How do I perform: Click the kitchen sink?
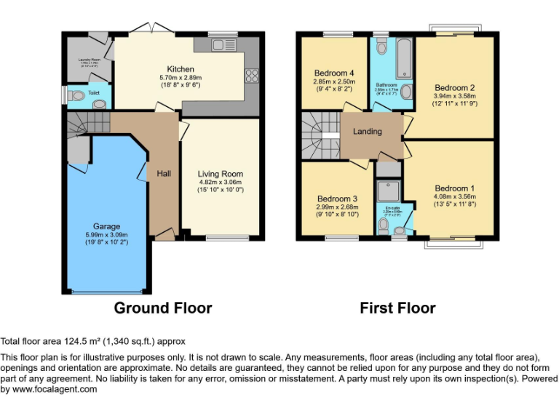pos(221,45)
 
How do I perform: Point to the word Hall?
pos(164,174)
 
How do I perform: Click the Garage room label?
pos(106,226)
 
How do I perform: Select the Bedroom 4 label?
pos(335,73)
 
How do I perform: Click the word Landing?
pos(368,132)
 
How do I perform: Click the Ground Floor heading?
pos(163,308)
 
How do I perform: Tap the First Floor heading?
pos(397,308)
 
